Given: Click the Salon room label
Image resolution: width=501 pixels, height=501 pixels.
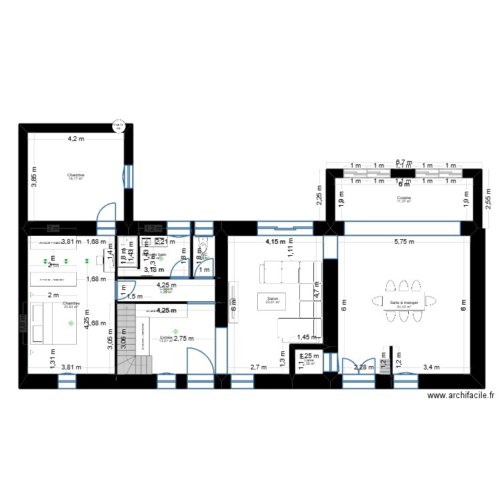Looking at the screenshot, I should click(x=272, y=299).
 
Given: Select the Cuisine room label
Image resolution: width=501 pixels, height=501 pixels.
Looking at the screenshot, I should click(x=403, y=198).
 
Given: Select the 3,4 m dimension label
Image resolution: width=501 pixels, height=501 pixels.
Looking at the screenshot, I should click(x=432, y=366).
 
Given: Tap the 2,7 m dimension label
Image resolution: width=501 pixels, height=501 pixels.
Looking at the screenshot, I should click(x=259, y=366).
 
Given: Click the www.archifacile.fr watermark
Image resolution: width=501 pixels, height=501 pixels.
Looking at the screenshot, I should click(x=460, y=396).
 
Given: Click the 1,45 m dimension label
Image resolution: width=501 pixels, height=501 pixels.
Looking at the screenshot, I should click(x=309, y=338).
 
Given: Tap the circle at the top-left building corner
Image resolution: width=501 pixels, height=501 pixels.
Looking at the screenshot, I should click(x=118, y=125).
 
